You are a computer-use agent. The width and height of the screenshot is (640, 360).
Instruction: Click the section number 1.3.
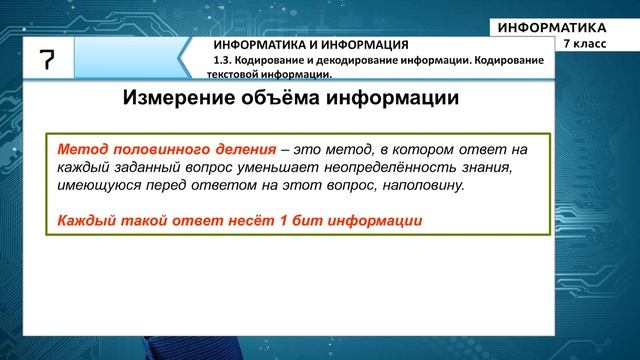222,60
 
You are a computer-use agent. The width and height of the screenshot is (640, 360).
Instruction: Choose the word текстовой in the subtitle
219,73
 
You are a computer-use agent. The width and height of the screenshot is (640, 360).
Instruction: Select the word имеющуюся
97,186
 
